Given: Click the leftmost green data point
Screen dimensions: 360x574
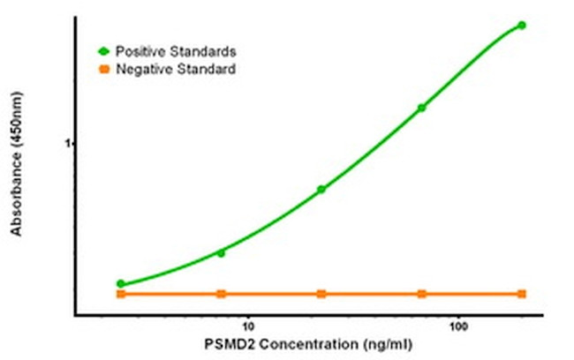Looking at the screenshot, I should [121, 284].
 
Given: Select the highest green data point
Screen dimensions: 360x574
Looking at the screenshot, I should [522, 25].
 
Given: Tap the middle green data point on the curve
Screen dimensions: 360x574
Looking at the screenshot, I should [321, 189].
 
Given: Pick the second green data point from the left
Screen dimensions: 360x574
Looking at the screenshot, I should [221, 253].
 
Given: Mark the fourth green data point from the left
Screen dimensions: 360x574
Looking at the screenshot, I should [422, 108].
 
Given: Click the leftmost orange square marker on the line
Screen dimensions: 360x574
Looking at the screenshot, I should [121, 294].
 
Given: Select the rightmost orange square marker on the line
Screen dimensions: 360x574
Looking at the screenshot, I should [522, 294].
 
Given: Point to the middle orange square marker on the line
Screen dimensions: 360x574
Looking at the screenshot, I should [321, 294].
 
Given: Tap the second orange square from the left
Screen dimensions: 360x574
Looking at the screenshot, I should [221, 294].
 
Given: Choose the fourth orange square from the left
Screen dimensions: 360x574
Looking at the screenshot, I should [422, 294].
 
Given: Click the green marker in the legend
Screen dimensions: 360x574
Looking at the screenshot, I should [104, 51].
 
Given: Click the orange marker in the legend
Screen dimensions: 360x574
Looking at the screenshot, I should [104, 68].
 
